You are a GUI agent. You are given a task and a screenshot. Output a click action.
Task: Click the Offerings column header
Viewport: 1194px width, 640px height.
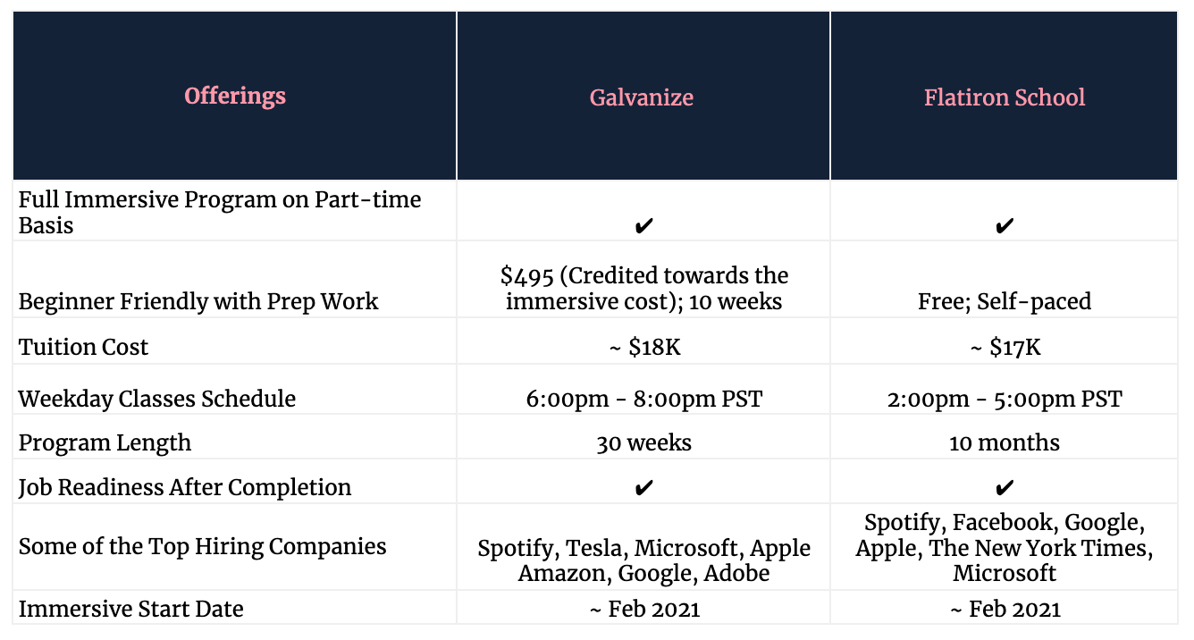point(235,97)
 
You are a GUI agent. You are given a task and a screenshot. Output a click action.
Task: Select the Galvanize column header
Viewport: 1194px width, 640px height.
point(642,97)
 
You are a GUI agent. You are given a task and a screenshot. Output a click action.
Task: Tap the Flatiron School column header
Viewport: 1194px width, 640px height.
point(1005,97)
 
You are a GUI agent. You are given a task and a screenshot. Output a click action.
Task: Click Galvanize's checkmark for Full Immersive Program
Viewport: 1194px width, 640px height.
point(643,225)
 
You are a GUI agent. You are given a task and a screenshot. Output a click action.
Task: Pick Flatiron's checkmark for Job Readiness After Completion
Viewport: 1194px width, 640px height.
point(1005,487)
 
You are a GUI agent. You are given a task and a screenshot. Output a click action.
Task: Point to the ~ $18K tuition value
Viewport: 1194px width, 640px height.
point(644,347)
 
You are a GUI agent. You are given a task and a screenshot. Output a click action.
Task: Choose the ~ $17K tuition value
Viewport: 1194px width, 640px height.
point(1005,347)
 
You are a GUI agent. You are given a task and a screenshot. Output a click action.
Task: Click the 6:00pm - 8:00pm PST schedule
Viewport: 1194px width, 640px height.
point(643,399)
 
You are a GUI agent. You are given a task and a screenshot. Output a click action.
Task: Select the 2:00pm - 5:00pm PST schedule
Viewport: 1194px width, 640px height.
point(1005,399)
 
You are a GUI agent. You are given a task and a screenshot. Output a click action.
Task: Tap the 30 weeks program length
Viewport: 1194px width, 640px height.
point(643,442)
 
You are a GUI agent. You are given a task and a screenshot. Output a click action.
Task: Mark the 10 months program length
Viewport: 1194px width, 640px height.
point(1005,442)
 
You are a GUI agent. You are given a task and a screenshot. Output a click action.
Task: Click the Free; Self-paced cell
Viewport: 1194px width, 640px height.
point(1005,302)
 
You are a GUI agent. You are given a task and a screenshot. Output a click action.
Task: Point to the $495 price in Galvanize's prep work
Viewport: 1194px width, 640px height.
point(527,276)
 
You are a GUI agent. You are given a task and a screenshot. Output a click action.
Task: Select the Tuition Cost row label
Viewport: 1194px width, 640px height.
point(83,347)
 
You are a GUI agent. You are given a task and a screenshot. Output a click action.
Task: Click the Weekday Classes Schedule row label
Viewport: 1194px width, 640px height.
point(156,399)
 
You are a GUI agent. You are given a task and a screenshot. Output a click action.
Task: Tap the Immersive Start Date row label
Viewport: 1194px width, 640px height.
point(130,609)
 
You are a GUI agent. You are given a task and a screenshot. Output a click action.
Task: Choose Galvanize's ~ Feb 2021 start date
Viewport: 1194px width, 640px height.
point(644,609)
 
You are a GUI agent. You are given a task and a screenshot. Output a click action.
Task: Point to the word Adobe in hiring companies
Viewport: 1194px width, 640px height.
point(736,574)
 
